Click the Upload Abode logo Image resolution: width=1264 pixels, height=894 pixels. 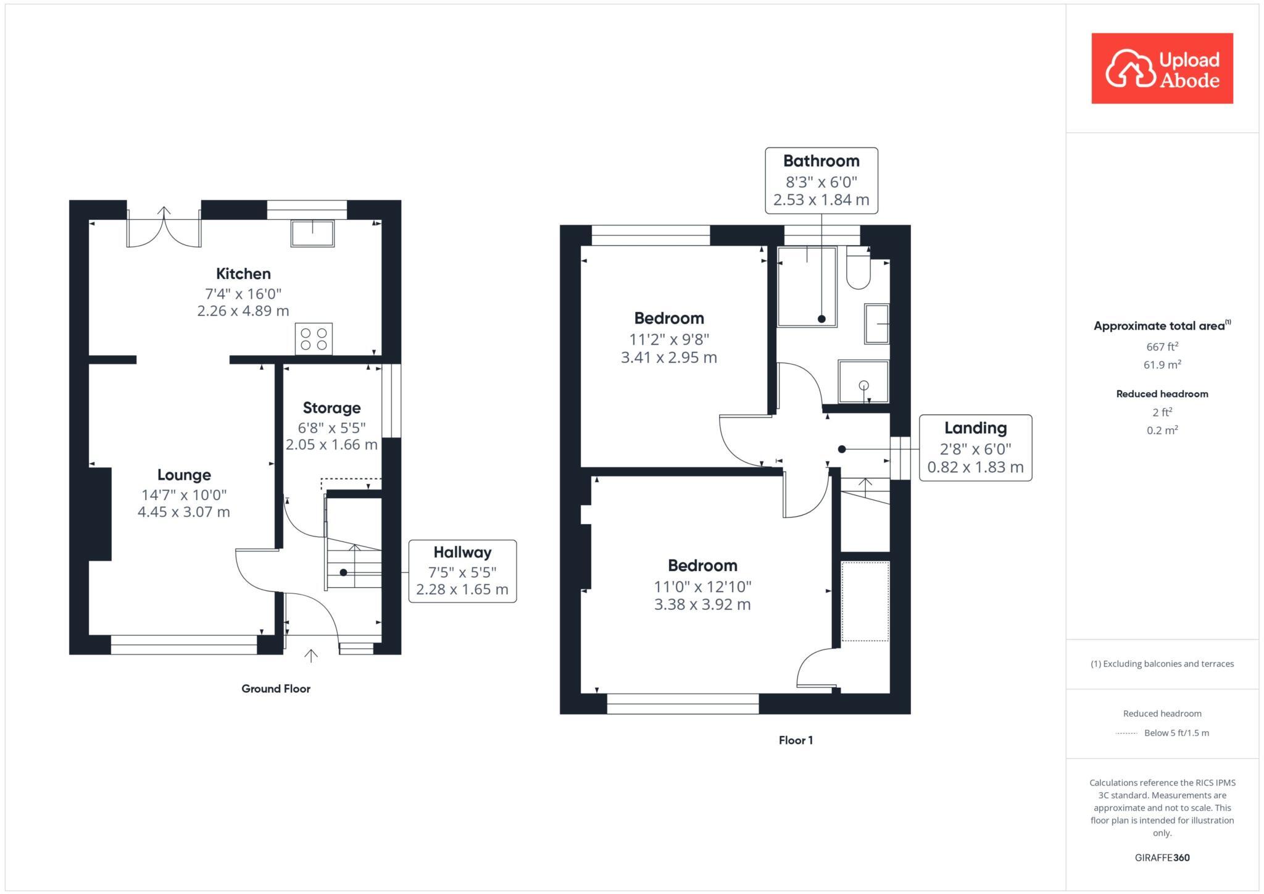1162,69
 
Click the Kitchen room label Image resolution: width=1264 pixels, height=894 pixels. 243,274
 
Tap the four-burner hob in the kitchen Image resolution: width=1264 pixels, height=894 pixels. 314,339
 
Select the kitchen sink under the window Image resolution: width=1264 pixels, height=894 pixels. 312,233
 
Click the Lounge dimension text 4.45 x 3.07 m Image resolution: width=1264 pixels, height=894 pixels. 184,512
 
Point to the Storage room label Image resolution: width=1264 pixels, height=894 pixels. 331,407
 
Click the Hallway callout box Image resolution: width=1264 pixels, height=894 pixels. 462,571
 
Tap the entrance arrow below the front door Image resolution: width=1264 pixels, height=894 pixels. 311,656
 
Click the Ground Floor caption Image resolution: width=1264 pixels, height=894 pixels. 276,688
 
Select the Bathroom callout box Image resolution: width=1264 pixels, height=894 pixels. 821,180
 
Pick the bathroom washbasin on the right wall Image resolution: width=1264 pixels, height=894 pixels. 876,324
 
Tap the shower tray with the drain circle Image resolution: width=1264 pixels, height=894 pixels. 863,382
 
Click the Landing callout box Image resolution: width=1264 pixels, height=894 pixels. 975,448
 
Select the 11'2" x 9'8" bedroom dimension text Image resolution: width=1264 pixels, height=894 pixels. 669,339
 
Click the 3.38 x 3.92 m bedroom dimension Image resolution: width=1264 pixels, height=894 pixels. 702,604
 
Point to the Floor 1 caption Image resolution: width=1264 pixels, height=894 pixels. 796,740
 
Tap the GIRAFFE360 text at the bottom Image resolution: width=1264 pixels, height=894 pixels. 1162,858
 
